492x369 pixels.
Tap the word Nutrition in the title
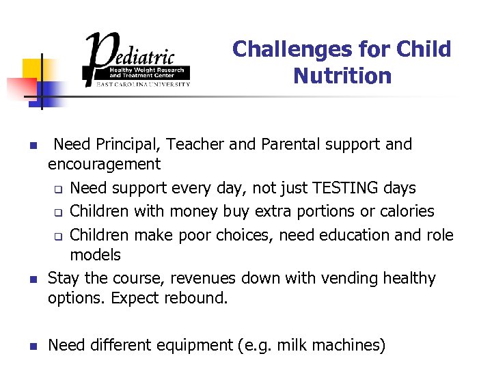coord(342,75)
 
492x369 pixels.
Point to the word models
coord(95,255)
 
